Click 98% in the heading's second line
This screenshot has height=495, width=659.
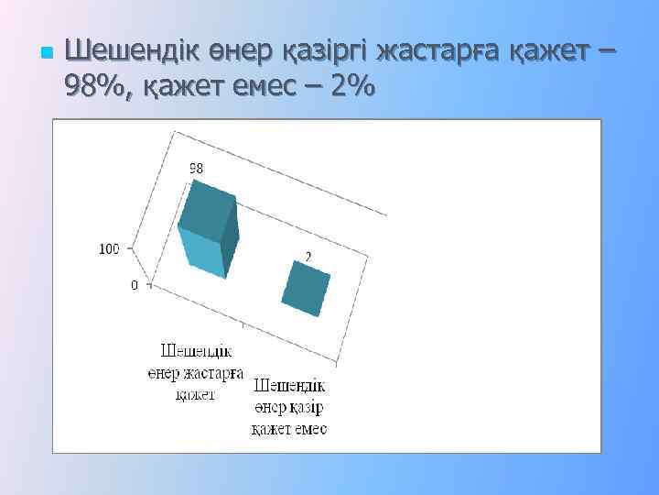[98, 88]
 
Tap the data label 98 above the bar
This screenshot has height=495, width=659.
[196, 168]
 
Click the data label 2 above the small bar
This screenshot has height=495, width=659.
[308, 258]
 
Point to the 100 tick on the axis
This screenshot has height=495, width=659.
[110, 248]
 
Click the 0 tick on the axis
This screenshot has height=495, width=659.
[135, 285]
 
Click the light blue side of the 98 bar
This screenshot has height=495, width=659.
[202, 254]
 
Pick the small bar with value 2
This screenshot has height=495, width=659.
[306, 289]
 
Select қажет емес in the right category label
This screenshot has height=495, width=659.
[289, 429]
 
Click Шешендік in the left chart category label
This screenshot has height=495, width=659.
[197, 351]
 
